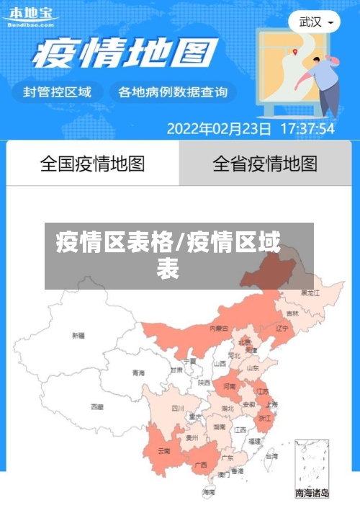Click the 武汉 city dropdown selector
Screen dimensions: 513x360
[x=315, y=22]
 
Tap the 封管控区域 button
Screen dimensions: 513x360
[x=58, y=92]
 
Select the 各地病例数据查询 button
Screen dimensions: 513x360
[x=172, y=92]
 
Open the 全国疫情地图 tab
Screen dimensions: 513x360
[x=92, y=164]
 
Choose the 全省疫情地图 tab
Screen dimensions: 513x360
[x=265, y=164]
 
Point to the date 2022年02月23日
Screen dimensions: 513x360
[x=219, y=129]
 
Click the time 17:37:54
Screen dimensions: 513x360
[x=307, y=129]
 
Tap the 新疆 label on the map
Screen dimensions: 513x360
[x=78, y=336]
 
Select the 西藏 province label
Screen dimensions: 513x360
[x=97, y=407]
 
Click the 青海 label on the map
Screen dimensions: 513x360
[x=138, y=373]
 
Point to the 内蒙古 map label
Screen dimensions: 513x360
[x=219, y=329]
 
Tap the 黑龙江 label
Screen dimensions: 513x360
[x=310, y=293]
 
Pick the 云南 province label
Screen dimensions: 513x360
[x=163, y=452]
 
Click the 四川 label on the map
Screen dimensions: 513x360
[x=178, y=409]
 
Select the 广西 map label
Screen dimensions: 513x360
[x=201, y=465]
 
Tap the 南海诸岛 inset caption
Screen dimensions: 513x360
[x=312, y=494]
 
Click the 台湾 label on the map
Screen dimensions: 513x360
[x=271, y=456]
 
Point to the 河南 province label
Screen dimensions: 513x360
[x=229, y=387]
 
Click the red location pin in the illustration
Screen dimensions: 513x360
[x=294, y=52]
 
